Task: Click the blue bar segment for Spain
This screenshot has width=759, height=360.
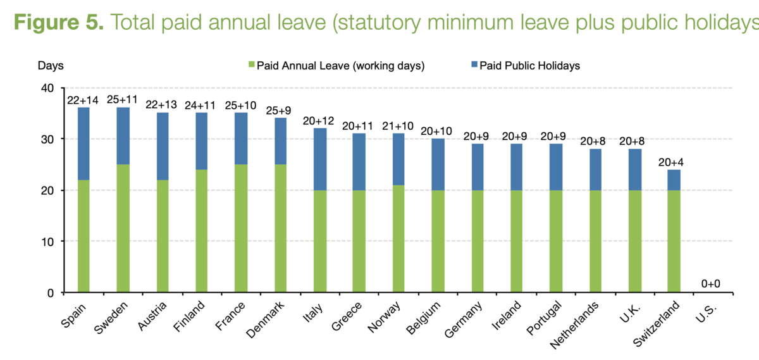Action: [83, 144]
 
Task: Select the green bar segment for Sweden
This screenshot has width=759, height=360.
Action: [123, 228]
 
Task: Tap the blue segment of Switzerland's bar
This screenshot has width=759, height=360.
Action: [674, 180]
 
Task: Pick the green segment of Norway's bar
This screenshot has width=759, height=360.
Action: [398, 239]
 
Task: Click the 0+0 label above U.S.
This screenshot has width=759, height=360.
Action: [710, 283]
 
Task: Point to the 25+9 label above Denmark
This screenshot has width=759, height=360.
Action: [278, 111]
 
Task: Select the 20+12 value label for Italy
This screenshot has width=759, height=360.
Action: [318, 121]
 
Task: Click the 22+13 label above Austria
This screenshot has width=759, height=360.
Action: [161, 105]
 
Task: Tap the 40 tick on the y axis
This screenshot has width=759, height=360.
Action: [47, 88]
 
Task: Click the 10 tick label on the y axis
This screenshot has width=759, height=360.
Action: [47, 242]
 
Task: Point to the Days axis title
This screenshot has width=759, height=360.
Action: [51, 65]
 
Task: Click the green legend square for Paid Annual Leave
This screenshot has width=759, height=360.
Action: [252, 64]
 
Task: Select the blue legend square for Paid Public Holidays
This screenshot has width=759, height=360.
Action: [474, 64]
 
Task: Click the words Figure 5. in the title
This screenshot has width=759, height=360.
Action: [59, 22]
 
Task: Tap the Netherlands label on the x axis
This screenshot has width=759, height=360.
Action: [574, 325]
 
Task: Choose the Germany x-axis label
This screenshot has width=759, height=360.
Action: [463, 320]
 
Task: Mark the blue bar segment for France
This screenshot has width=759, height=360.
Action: [241, 139]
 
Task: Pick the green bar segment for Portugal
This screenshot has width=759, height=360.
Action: [556, 241]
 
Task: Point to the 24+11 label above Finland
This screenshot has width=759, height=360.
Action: [200, 106]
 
